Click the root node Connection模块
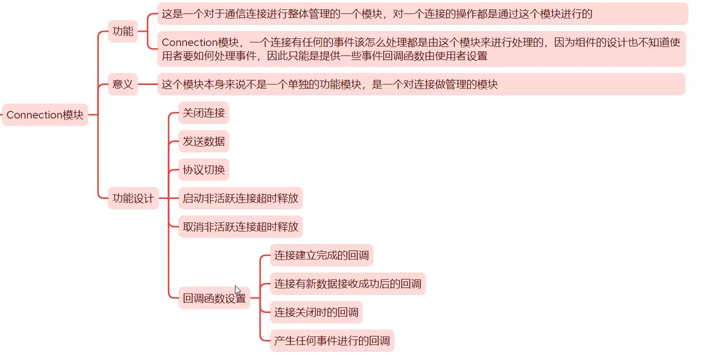click(45, 115)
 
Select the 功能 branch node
click(123, 31)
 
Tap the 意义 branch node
click(123, 84)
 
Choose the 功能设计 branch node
click(133, 199)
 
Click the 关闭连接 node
click(204, 112)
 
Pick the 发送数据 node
click(204, 141)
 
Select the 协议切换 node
click(204, 170)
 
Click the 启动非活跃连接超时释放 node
click(240, 198)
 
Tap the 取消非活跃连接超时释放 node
click(240, 226)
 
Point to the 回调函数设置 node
click(214, 298)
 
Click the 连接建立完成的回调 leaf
click(322, 255)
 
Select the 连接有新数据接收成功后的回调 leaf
click(348, 284)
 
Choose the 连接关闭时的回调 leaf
click(316, 313)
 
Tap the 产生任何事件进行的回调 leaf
click(332, 341)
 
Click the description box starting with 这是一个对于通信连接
click(423, 13)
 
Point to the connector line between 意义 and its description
click(148, 84)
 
